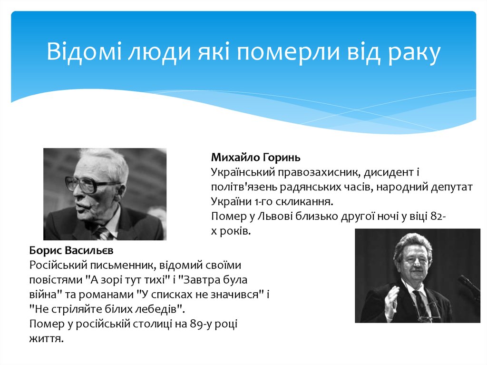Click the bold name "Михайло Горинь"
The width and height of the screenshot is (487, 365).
click(256, 157)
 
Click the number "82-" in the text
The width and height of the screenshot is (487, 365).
click(437, 217)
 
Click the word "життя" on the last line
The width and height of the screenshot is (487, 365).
click(46, 339)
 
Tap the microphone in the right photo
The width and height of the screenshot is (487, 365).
click(468, 285)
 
